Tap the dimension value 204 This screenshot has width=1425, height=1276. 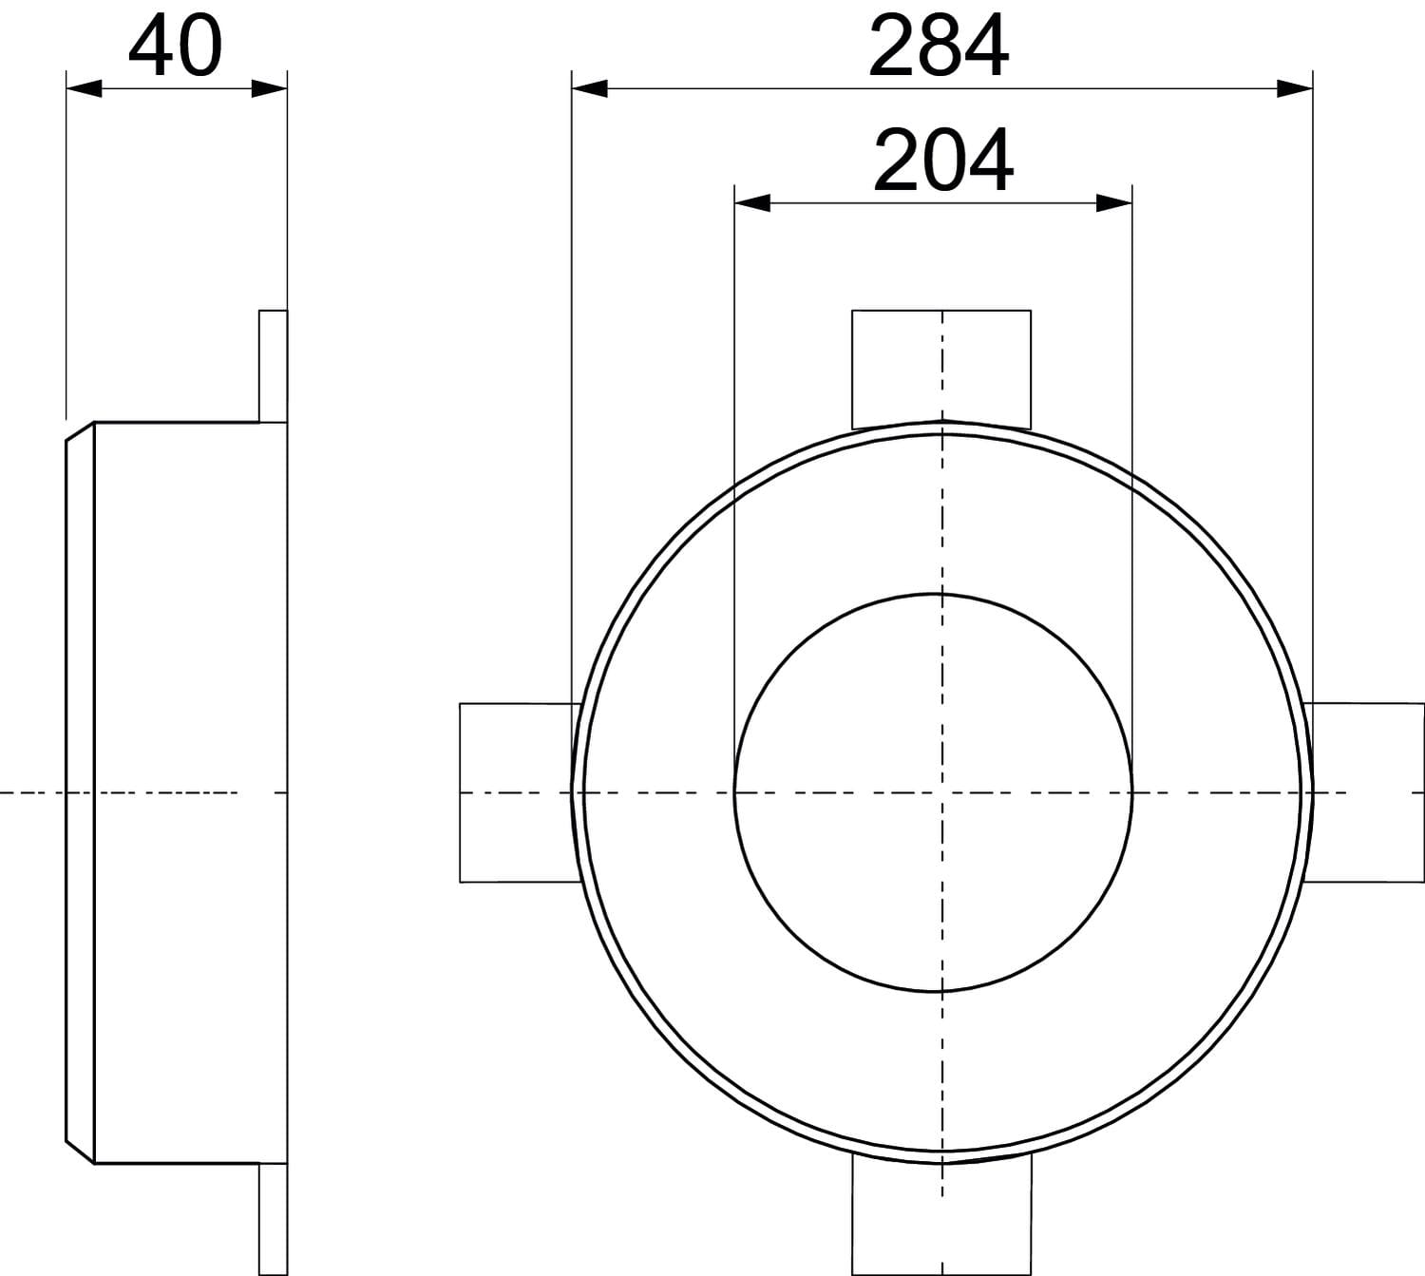(x=943, y=162)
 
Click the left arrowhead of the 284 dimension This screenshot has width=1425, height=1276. (x=589, y=88)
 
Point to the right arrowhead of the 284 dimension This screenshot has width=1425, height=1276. (x=1295, y=88)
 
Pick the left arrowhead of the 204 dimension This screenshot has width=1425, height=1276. (x=752, y=203)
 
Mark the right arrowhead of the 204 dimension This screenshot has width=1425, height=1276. (x=1114, y=203)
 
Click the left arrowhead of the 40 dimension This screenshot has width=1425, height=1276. (x=85, y=88)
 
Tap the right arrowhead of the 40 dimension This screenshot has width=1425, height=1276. (x=270, y=88)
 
